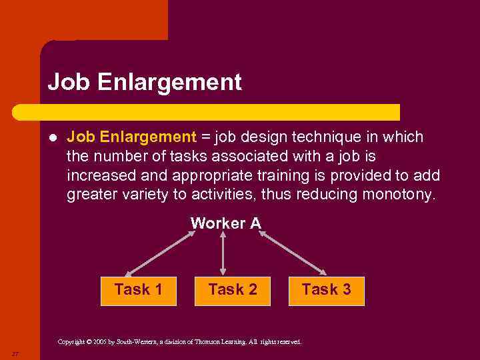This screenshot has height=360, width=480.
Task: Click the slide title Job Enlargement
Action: click(145, 83)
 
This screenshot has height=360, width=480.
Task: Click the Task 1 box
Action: click(138, 290)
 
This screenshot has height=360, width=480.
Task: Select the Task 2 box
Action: click(233, 290)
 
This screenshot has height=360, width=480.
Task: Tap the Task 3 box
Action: click(326, 290)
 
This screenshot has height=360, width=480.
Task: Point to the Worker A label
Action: click(225, 223)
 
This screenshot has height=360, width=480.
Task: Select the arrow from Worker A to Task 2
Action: click(223, 253)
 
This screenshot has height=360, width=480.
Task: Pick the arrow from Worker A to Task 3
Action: click(293, 253)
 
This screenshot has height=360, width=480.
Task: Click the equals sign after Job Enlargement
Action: click(205, 137)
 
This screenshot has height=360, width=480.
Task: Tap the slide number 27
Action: click(14, 352)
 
